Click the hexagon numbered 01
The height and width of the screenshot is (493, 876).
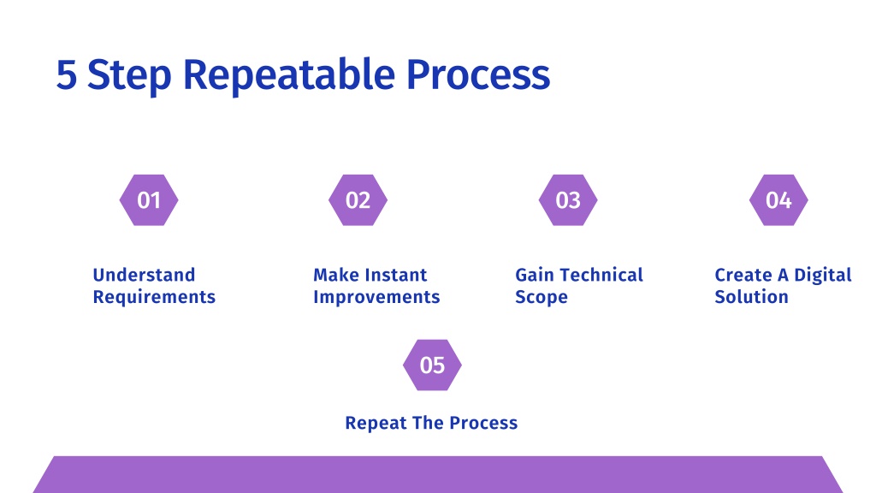click(149, 200)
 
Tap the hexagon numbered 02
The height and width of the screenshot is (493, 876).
click(358, 200)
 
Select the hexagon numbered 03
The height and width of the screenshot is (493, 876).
click(568, 200)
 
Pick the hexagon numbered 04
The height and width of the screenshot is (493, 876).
click(778, 200)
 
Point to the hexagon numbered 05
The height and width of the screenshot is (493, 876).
click(432, 365)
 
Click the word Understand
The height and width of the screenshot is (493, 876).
click(144, 275)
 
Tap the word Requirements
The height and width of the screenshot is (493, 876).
click(154, 297)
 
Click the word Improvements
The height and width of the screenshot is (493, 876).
click(376, 297)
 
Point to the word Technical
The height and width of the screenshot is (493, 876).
click(601, 275)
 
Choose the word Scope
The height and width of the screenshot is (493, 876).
click(542, 297)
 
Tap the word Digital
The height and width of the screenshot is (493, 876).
click(823, 276)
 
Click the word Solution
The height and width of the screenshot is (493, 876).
click(751, 297)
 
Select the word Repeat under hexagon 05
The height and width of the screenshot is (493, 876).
click(376, 423)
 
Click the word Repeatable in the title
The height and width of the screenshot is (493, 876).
click(289, 75)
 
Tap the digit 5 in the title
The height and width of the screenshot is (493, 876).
click(67, 75)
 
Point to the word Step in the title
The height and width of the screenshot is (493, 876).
click(129, 75)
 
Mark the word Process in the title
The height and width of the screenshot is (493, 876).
click(478, 75)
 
